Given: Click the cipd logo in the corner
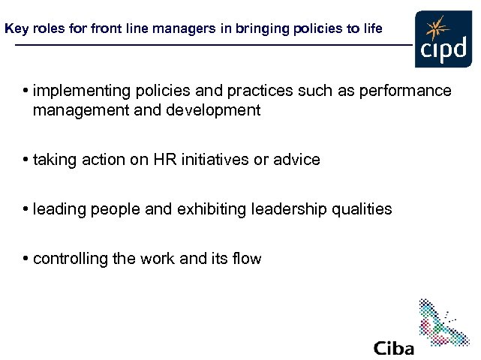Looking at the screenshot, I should (x=443, y=40).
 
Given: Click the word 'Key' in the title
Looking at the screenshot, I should (x=15, y=29).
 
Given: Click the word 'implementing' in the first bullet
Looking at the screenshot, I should (x=76, y=91).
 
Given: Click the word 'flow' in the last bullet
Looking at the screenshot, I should (x=246, y=259).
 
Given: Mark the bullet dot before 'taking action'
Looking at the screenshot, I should (x=26, y=160).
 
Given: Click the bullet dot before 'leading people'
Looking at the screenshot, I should (x=26, y=209).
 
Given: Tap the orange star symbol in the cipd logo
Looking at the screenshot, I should (x=434, y=30).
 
